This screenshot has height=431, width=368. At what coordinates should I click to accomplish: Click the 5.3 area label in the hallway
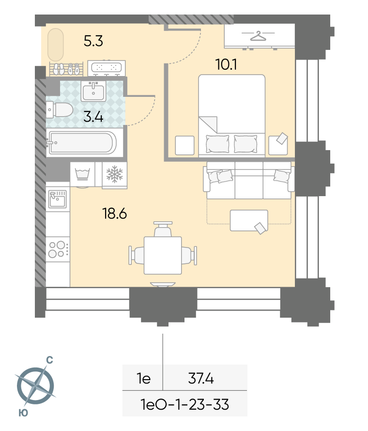(93, 41)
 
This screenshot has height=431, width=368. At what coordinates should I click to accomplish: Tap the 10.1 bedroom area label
(226, 64)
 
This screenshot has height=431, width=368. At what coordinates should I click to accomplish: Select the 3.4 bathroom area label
(93, 117)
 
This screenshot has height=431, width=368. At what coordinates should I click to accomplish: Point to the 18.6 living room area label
(114, 213)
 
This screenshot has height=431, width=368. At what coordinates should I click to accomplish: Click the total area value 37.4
(201, 379)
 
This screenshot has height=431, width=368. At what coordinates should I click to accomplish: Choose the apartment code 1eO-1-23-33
(184, 405)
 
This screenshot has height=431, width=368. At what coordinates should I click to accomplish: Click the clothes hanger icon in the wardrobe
(258, 36)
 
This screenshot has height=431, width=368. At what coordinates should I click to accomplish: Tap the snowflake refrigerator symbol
(115, 174)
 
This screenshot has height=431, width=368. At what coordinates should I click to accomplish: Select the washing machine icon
(82, 174)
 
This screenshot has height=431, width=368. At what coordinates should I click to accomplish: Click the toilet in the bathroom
(60, 109)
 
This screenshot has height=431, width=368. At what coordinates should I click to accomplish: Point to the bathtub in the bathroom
(81, 143)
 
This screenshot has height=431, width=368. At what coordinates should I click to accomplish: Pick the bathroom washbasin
(93, 91)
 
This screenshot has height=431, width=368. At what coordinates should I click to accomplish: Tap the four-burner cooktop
(58, 249)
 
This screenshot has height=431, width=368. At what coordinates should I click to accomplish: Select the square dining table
(163, 255)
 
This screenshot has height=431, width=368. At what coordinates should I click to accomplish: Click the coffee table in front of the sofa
(249, 220)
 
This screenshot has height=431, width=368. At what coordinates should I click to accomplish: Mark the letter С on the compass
(49, 360)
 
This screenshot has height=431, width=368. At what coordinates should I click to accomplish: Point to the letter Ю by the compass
(23, 413)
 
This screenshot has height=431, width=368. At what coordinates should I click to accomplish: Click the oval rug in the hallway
(56, 45)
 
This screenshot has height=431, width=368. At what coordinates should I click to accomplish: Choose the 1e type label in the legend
(144, 379)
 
